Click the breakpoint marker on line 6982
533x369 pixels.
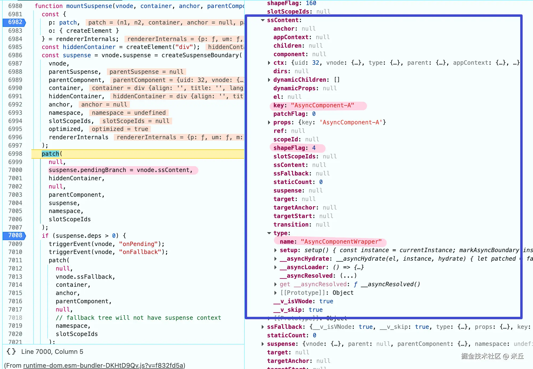tap(14, 22)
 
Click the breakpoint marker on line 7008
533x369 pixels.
tap(14, 236)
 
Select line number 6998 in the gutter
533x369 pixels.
tap(15, 154)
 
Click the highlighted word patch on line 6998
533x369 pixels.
tap(51, 154)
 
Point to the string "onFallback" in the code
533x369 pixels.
tap(140, 252)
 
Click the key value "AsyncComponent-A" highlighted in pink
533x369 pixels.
tap(322, 105)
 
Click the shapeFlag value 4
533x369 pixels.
tap(314, 148)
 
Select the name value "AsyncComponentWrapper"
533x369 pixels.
tap(341, 242)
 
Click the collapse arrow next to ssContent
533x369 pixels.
tap(263, 20)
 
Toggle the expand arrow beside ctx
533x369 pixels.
tap(269, 63)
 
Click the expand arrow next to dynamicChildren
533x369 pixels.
tap(269, 80)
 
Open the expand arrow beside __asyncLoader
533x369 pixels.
tap(276, 267)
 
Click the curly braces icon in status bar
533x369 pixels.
tap(11, 352)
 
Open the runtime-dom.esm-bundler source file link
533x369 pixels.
tap(103, 365)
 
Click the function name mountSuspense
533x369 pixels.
tap(89, 6)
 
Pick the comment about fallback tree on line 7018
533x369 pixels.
tap(138, 318)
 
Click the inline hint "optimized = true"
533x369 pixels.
tap(120, 129)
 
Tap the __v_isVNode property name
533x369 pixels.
tap(293, 301)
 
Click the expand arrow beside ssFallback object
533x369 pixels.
tap(263, 327)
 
